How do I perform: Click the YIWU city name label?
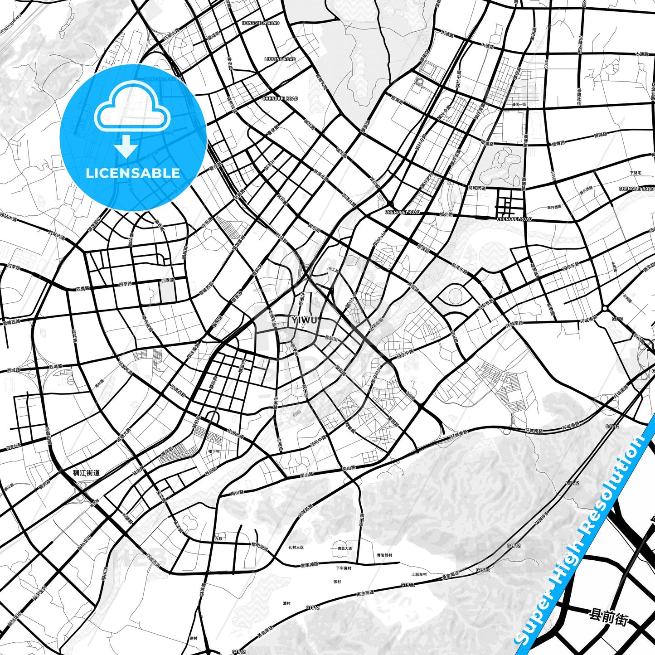(x=304, y=320)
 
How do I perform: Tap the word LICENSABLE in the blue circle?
(x=133, y=173)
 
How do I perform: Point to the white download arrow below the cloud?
(x=126, y=146)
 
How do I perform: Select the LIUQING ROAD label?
(x=280, y=59)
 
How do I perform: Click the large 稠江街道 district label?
(x=86, y=473)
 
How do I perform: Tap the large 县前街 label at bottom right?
(x=609, y=617)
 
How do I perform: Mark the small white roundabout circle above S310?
(x=605, y=308)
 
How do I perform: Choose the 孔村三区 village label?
(x=296, y=548)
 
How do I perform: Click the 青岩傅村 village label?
(x=384, y=555)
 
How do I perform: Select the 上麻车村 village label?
(x=419, y=574)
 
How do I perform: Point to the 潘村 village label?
(x=286, y=603)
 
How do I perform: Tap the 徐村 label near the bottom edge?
(x=193, y=638)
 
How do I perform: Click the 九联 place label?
(x=219, y=539)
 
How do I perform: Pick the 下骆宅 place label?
(x=636, y=173)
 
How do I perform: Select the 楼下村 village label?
(x=213, y=451)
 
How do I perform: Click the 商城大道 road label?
(x=477, y=188)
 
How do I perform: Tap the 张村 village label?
(x=337, y=582)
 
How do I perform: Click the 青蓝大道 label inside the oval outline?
(x=345, y=548)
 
